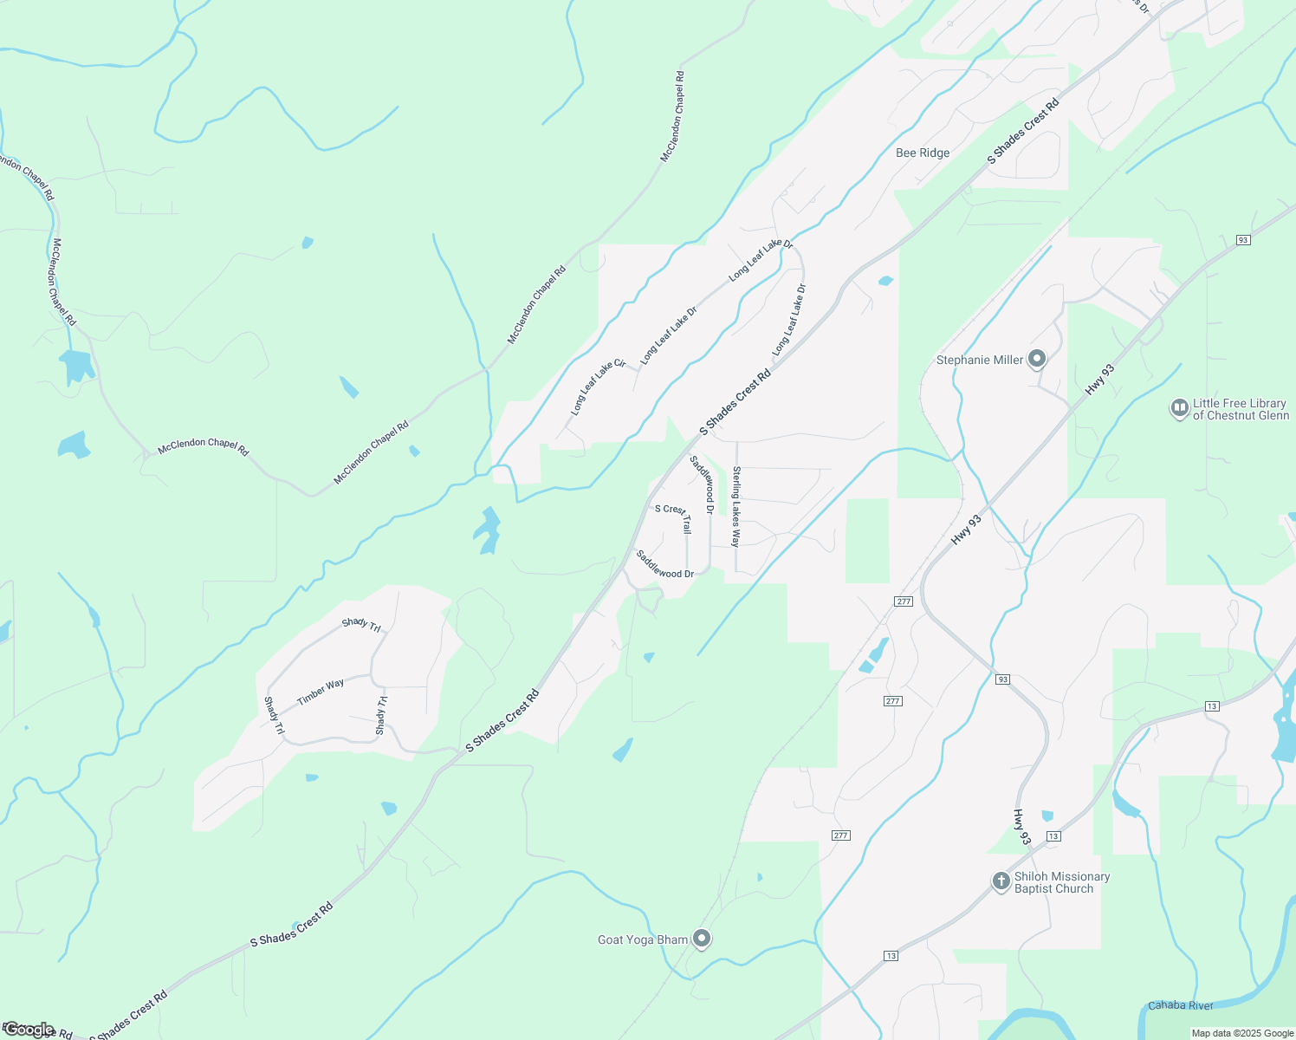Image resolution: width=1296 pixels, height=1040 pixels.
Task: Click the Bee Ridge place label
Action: [x=923, y=153]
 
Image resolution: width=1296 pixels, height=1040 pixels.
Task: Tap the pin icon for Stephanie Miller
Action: [x=1037, y=360]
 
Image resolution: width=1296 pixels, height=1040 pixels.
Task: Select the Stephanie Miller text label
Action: [x=980, y=361]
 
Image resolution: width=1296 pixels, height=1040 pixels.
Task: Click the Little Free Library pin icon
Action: [x=1179, y=408]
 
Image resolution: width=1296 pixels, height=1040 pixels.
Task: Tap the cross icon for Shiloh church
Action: [x=1001, y=882]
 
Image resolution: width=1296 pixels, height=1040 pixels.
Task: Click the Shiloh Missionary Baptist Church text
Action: [x=1061, y=883]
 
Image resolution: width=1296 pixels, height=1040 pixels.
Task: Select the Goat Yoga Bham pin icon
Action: [x=703, y=939]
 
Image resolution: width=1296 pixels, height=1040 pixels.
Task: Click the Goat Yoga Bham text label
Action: [x=643, y=940]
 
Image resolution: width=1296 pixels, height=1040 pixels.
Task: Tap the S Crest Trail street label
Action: [x=674, y=517]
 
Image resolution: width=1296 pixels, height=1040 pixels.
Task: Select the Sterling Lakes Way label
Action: [x=736, y=507]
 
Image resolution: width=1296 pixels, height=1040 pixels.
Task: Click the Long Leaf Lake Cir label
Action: [x=599, y=387]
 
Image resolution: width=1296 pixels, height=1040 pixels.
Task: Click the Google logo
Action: [x=29, y=1030]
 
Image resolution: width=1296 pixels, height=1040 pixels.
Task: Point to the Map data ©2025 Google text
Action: [x=1242, y=1033]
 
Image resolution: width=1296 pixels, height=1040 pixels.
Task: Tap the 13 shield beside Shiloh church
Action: [x=1053, y=836]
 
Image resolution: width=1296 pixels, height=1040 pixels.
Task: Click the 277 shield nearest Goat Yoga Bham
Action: [x=840, y=835]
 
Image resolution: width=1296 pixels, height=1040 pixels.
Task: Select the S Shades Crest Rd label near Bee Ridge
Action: [x=1024, y=133]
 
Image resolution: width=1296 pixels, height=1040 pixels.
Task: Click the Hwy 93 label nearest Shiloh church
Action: [x=1022, y=827]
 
